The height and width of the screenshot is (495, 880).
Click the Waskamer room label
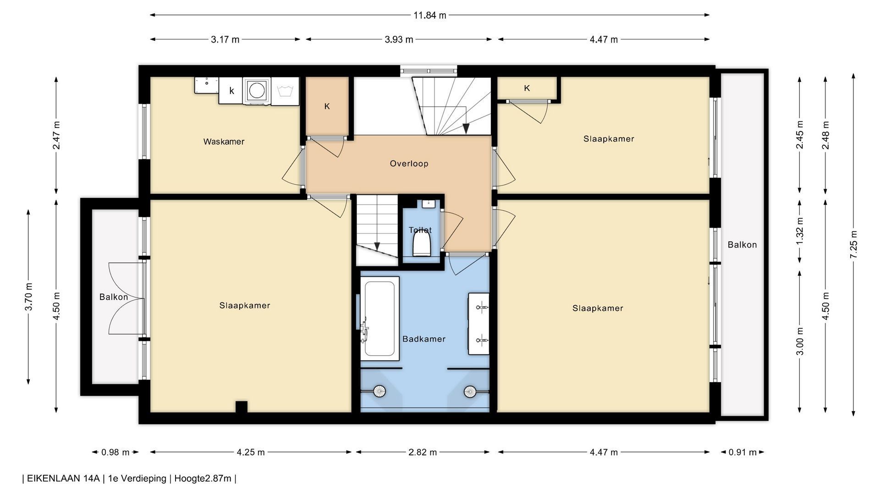pyautogui.click(x=224, y=142)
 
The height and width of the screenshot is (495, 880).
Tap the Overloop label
pyautogui.click(x=409, y=164)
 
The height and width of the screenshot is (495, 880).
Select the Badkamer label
pyautogui.click(x=424, y=339)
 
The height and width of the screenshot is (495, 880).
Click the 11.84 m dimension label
pyautogui.click(x=429, y=15)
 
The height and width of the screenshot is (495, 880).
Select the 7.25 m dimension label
pyautogui.click(x=853, y=244)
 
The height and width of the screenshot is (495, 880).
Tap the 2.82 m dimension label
pyautogui.click(x=423, y=452)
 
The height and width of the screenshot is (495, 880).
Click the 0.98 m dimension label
pyautogui.click(x=115, y=452)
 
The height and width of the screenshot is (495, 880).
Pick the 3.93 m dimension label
pyautogui.click(x=399, y=39)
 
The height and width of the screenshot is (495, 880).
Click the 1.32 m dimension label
pyautogui.click(x=800, y=236)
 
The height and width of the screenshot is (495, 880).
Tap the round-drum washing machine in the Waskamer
pyautogui.click(x=257, y=91)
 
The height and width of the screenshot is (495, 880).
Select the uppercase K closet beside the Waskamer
pyautogui.click(x=327, y=106)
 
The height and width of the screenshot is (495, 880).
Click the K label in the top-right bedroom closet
pyautogui.click(x=527, y=88)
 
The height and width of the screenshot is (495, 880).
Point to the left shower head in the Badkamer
pyautogui.click(x=379, y=391)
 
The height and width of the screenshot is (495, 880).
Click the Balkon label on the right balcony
pyautogui.click(x=742, y=245)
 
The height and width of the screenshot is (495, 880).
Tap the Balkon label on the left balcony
pyautogui.click(x=114, y=297)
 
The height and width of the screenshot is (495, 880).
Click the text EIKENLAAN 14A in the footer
pyautogui.click(x=63, y=478)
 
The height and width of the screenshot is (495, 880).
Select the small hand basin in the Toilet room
pyautogui.click(x=429, y=203)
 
